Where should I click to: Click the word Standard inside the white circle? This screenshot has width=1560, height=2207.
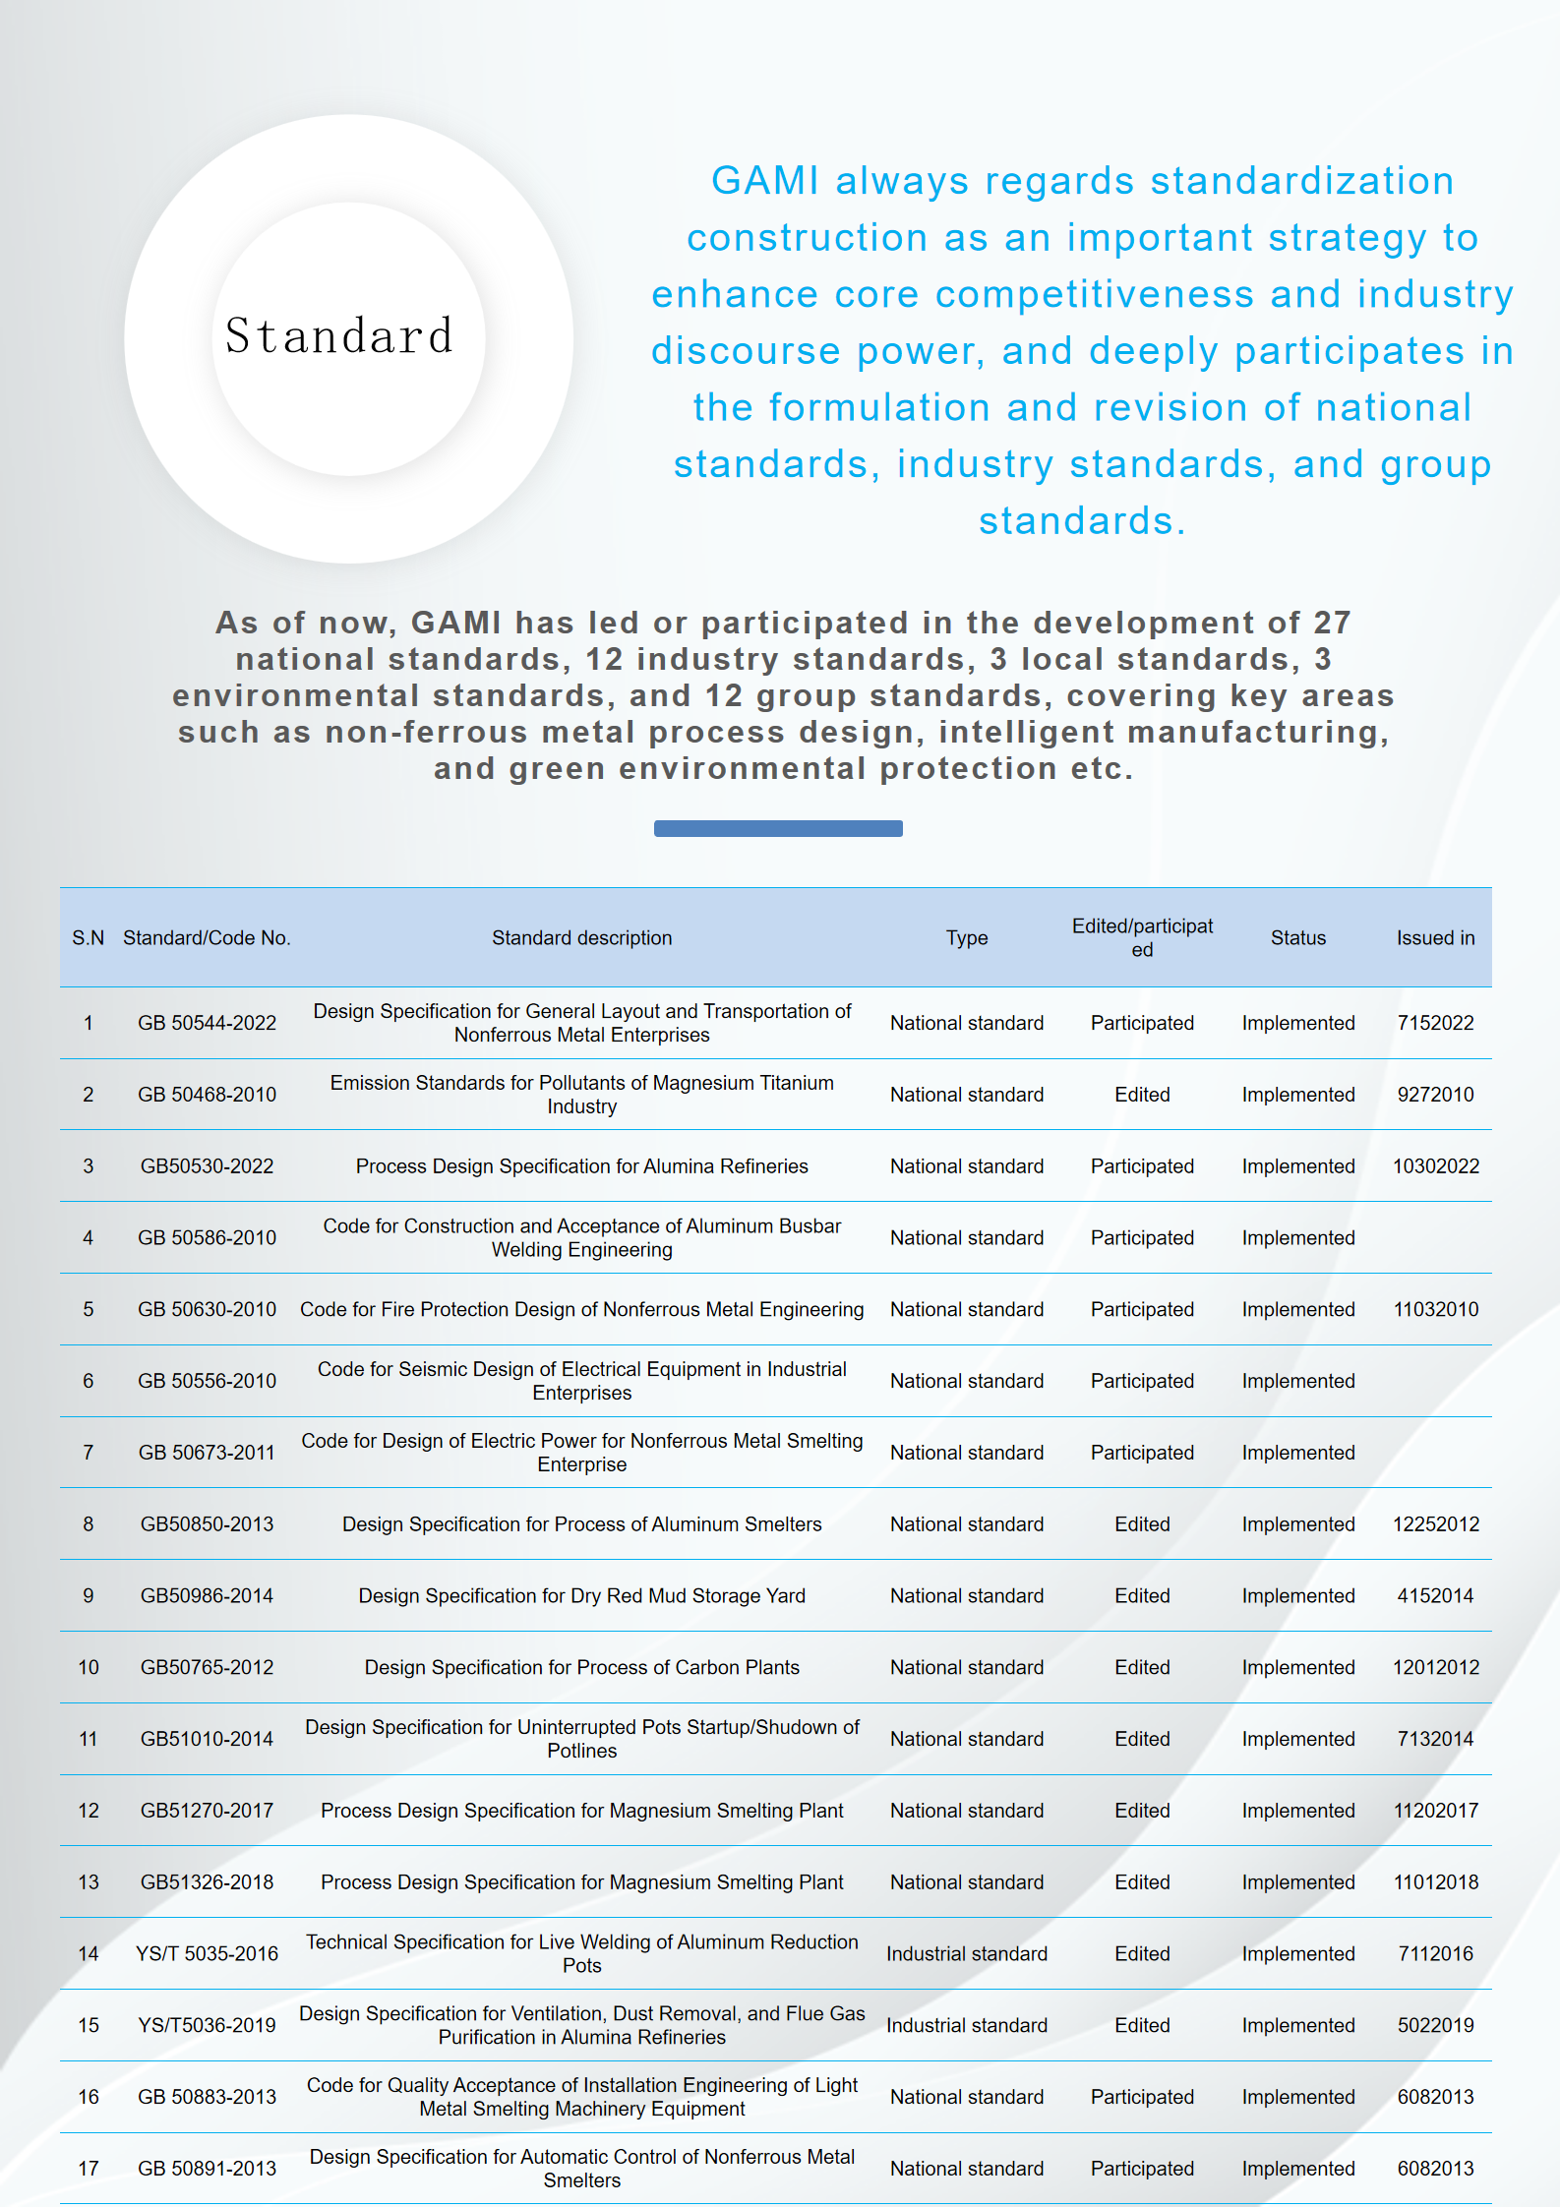tap(339, 336)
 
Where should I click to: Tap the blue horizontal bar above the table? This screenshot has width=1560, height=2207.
tap(778, 828)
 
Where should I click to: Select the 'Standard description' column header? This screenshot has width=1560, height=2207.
tap(581, 938)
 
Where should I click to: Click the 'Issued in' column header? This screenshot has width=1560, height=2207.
tap(1435, 938)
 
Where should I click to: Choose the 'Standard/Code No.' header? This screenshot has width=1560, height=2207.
tap(207, 938)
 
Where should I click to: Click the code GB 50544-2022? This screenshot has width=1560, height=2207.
tap(207, 1023)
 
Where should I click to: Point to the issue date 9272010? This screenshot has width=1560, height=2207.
tap(1435, 1095)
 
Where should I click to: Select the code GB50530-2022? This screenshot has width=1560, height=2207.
tap(207, 1166)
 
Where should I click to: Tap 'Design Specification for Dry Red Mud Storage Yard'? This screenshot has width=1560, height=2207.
tap(581, 1596)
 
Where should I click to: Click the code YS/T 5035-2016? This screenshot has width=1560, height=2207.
tap(207, 1954)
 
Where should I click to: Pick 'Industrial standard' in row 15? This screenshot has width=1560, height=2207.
tap(966, 2026)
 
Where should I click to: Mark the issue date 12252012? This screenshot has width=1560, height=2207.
tap(1435, 1524)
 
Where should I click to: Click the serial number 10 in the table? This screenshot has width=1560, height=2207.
tap(89, 1668)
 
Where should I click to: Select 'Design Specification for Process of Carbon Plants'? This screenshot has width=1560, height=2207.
tap(581, 1668)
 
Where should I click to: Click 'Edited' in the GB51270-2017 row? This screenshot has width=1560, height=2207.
tap(1142, 1811)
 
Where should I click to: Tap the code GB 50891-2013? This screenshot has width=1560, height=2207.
tap(207, 2169)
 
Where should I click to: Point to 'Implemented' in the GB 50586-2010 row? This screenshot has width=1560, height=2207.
tap(1297, 1238)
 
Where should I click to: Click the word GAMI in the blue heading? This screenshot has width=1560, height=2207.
tap(764, 181)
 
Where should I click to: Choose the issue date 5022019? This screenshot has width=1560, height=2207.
tap(1435, 2026)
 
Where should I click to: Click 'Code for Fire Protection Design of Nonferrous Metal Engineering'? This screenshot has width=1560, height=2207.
tap(581, 1310)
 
